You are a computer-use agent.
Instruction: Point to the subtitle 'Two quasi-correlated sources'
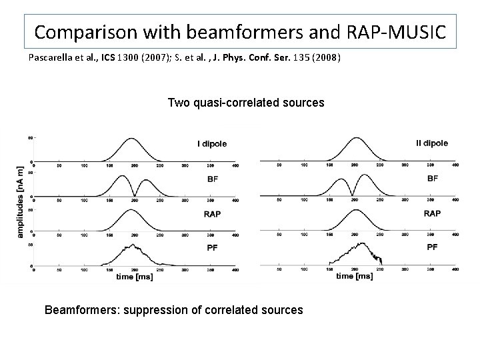(x=246, y=103)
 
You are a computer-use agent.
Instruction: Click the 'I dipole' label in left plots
(x=211, y=143)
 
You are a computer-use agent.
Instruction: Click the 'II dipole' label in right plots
(x=431, y=143)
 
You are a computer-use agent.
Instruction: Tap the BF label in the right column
(x=432, y=179)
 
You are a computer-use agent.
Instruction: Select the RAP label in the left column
(x=213, y=214)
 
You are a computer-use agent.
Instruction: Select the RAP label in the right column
(x=432, y=213)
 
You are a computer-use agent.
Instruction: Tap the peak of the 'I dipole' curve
(x=133, y=139)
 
